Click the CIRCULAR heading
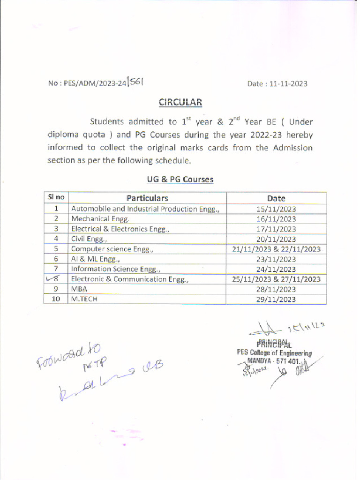(x=180, y=102)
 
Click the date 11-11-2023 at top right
(x=277, y=84)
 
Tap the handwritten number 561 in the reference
(x=136, y=82)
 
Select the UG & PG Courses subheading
(x=180, y=179)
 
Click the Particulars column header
(x=147, y=198)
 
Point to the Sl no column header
(x=56, y=198)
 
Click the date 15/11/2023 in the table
(x=277, y=209)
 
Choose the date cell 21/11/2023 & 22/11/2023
(x=277, y=249)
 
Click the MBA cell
(x=79, y=289)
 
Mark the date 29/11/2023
(x=277, y=300)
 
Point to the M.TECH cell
(x=84, y=299)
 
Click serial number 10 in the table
(x=56, y=299)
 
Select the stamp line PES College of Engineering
(x=274, y=352)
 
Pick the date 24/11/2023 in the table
(x=277, y=270)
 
